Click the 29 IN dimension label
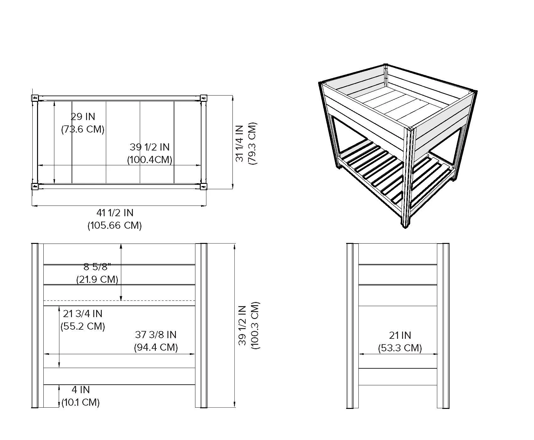pyautogui.click(x=83, y=117)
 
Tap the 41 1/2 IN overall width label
pyautogui.click(x=115, y=213)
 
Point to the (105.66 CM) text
pyautogui.click(x=115, y=225)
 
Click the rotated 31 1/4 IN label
pyautogui.click(x=240, y=143)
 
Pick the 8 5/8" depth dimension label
pyautogui.click(x=97, y=267)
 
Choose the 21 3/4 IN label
pyautogui.click(x=83, y=313)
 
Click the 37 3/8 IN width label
pyautogui.click(x=156, y=334)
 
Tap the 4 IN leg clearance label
pyautogui.click(x=81, y=390)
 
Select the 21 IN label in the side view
pyautogui.click(x=400, y=335)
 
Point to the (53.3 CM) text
pyautogui.click(x=400, y=348)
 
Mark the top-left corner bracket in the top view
pyautogui.click(x=35, y=97)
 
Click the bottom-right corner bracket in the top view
pyautogui.click(x=204, y=187)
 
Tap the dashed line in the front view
pyautogui.click(x=119, y=301)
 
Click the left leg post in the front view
pyautogui.click(x=35, y=326)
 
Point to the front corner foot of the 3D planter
pyautogui.click(x=405, y=225)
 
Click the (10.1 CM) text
pyautogui.click(x=80, y=402)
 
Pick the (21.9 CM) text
pyautogui.click(x=97, y=279)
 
